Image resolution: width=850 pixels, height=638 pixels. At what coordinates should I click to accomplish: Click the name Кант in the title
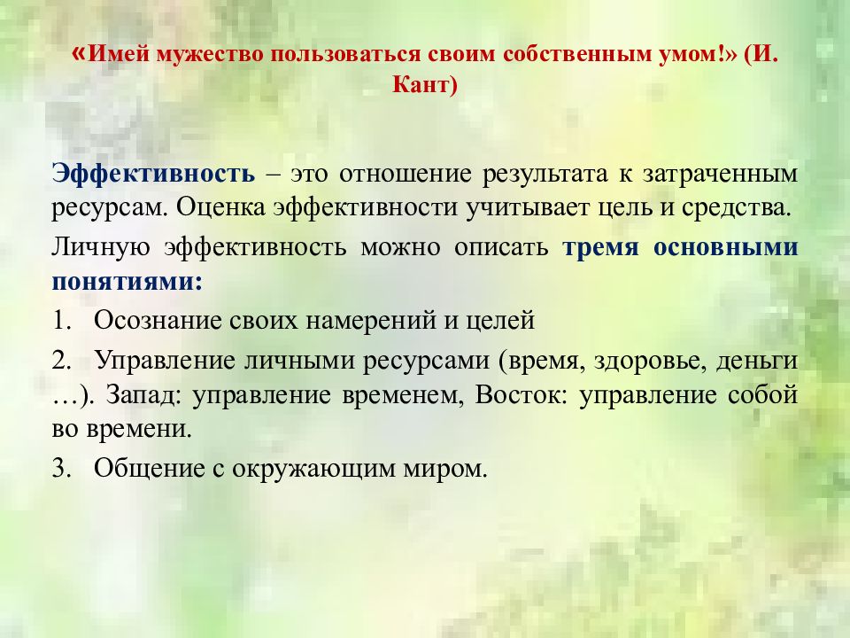425,88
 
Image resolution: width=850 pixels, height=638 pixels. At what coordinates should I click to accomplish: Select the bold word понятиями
127,282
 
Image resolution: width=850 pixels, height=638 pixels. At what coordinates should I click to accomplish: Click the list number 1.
61,320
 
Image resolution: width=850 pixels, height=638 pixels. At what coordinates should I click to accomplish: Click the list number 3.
61,469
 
